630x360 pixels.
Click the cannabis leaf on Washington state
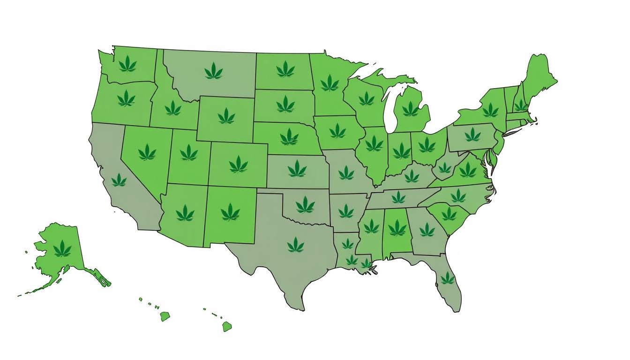point(127,64)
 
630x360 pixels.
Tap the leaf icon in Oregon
point(126,99)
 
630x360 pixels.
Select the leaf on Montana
point(214,71)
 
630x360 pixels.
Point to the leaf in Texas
point(295,244)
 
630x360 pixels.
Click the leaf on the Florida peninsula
point(447,278)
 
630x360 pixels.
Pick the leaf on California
point(119,180)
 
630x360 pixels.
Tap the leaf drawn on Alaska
point(62,248)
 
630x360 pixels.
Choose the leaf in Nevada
point(147,152)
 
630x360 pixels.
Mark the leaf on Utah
point(188,152)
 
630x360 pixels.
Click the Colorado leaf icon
point(238,164)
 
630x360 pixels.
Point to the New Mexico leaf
point(230,212)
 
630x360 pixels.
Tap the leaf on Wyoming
point(226,115)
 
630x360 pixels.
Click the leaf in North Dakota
point(285,69)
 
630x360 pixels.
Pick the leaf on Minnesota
point(330,83)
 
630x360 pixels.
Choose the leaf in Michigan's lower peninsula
point(411,109)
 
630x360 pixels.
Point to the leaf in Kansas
point(297,168)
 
